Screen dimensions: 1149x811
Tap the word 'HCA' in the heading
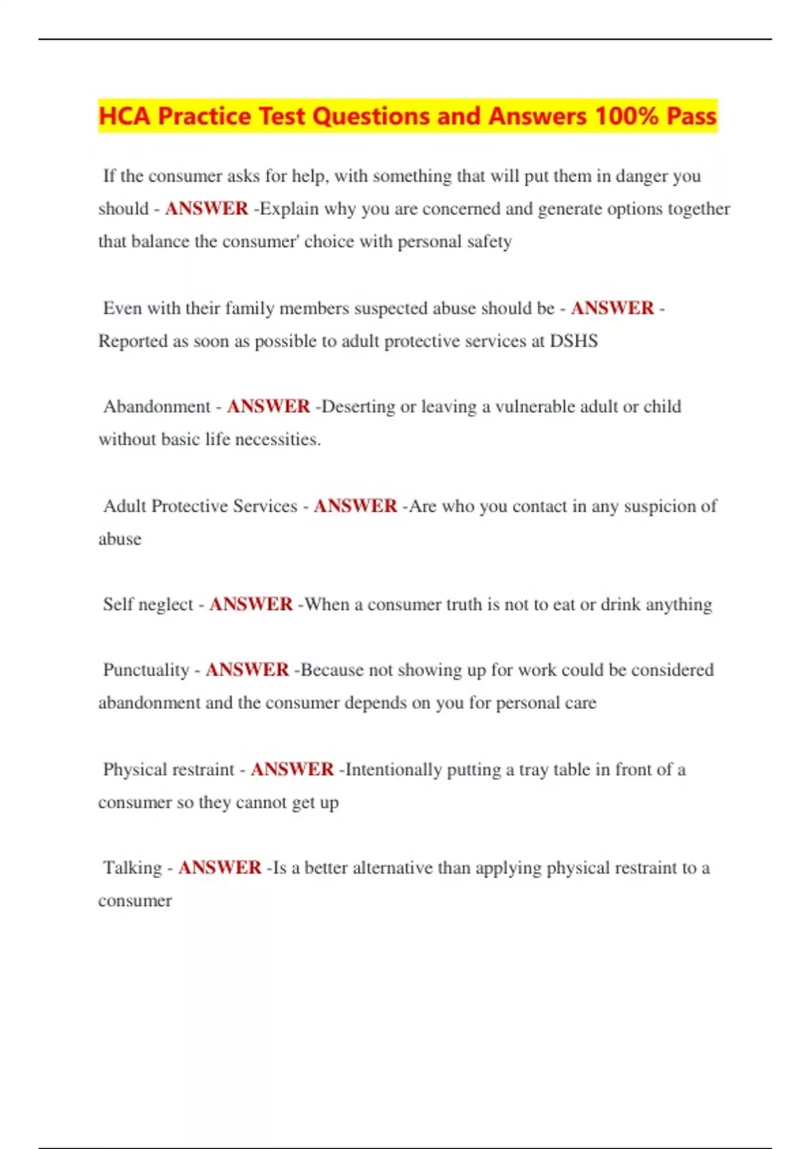[124, 116]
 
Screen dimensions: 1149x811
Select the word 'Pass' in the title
[691, 116]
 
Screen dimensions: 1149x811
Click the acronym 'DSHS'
[574, 341]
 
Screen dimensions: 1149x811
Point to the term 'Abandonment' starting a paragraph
[157, 406]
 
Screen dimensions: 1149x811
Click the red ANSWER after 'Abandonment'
[268, 406]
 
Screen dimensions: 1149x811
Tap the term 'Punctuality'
[146, 670]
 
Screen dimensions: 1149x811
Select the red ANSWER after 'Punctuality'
[247, 670]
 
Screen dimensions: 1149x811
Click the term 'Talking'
[132, 867]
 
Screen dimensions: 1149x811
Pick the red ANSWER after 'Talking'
[220, 867]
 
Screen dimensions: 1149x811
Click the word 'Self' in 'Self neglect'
[118, 604]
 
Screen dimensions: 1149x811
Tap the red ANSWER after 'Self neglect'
[251, 604]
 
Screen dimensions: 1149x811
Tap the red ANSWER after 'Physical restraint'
[292, 769]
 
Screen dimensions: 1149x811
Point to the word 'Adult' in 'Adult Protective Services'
[125, 506]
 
